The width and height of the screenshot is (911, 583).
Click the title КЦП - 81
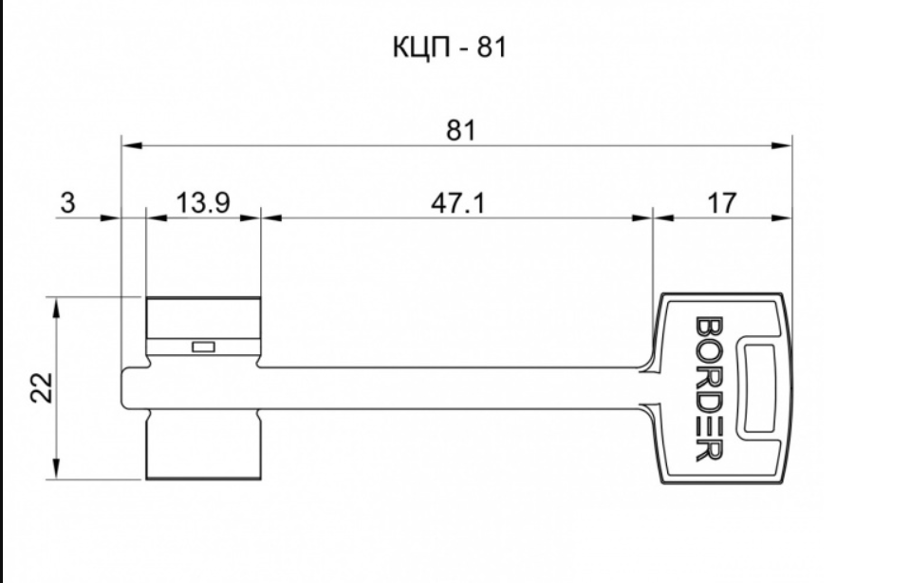(x=449, y=47)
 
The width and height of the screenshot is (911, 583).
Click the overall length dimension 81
(x=461, y=130)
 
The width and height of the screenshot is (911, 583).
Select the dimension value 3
(x=67, y=203)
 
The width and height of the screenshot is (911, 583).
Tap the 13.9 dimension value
(x=202, y=203)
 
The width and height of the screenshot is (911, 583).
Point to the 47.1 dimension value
(x=457, y=203)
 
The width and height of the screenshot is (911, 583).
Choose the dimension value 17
(x=721, y=203)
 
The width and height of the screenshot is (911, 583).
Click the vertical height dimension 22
(x=42, y=387)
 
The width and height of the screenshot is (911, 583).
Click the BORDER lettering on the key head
(x=709, y=388)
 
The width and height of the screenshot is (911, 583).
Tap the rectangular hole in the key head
(x=759, y=387)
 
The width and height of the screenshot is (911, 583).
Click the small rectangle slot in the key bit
(x=203, y=347)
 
